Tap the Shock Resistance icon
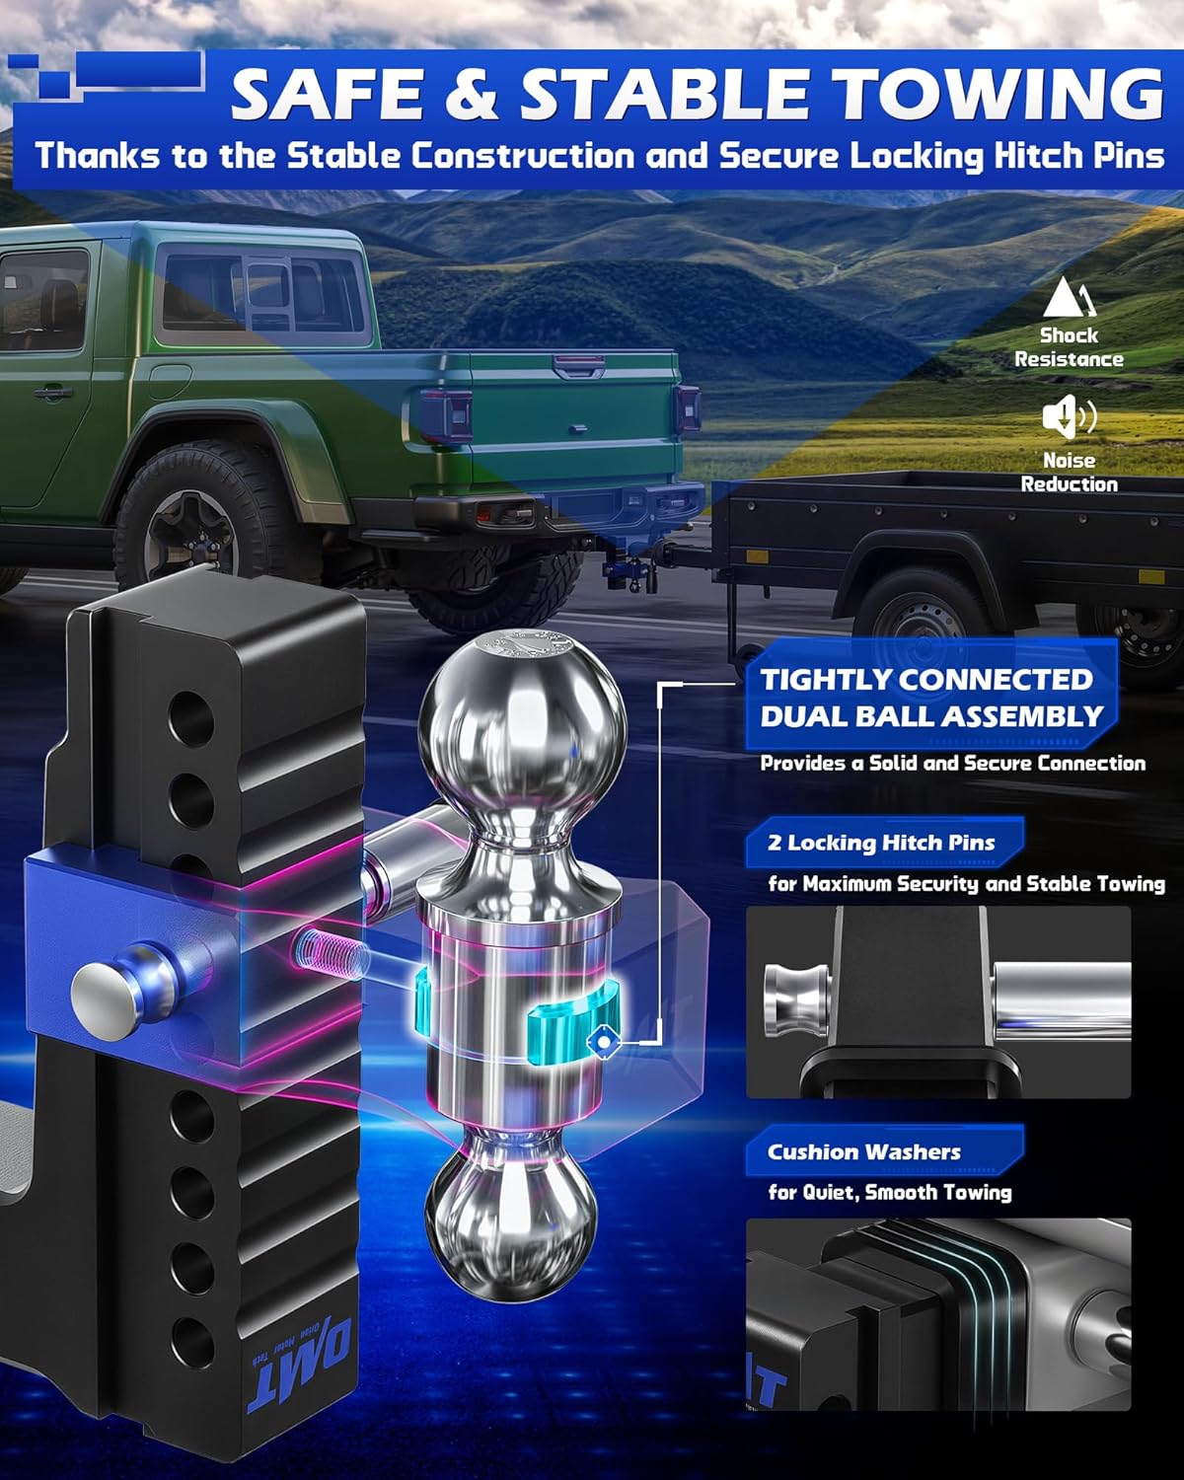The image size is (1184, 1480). pyautogui.click(x=1069, y=297)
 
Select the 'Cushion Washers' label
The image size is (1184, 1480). pyautogui.click(x=864, y=1151)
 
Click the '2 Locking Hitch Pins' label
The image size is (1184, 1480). pyautogui.click(x=881, y=843)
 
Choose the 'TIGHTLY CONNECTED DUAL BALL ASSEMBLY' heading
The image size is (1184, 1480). pyautogui.click(x=930, y=698)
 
